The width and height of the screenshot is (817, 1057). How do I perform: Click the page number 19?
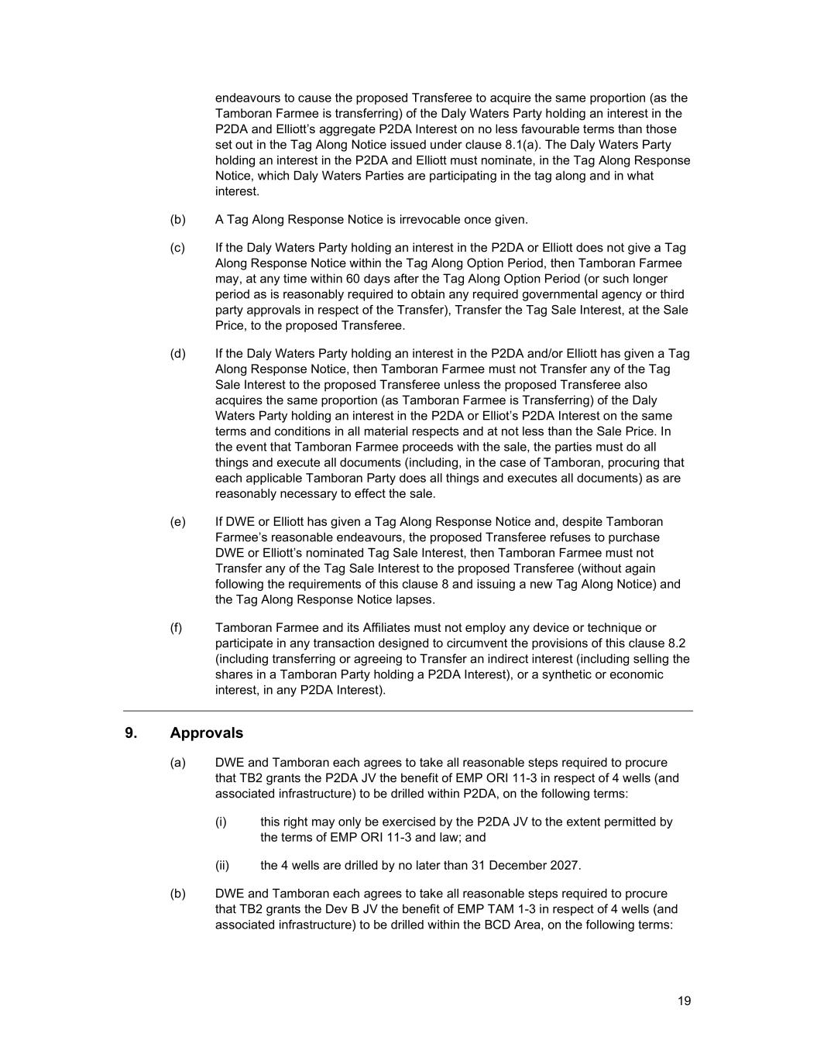(684, 1001)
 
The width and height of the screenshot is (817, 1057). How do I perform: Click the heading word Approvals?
(206, 733)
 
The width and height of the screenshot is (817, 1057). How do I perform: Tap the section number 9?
(130, 733)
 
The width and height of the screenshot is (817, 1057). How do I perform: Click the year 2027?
(562, 866)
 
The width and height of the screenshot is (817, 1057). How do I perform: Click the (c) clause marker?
(178, 248)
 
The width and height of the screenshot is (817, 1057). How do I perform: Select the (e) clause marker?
(178, 522)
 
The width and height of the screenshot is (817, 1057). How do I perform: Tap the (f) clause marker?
(177, 628)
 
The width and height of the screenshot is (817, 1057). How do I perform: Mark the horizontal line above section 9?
(408, 711)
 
